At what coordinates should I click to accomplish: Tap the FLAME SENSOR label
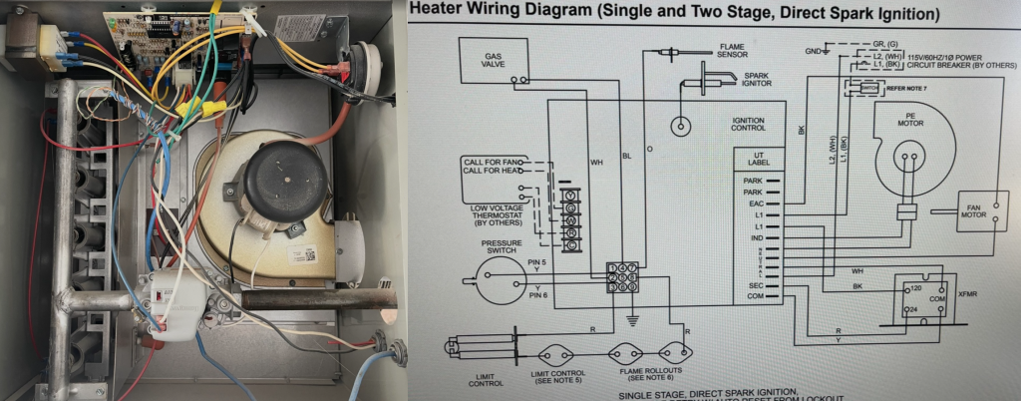click(x=738, y=50)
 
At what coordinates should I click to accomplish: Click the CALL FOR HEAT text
click(x=490, y=172)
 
